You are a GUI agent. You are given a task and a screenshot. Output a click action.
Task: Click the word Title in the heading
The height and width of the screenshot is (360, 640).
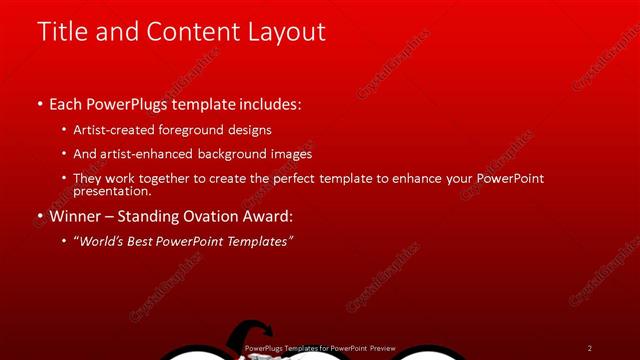point(61,32)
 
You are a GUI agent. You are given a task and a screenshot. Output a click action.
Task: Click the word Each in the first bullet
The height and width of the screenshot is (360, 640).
point(66,104)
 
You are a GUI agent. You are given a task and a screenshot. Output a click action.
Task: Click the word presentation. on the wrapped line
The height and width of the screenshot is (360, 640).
point(112,191)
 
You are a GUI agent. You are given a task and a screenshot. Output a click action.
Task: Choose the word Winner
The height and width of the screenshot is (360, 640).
point(75,216)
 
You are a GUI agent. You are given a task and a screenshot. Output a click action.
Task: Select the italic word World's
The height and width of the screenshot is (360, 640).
point(104,241)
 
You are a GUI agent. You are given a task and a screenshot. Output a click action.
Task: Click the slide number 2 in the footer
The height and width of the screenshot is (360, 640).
point(590,348)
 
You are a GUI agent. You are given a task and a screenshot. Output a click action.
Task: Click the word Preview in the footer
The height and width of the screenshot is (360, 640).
point(381,348)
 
